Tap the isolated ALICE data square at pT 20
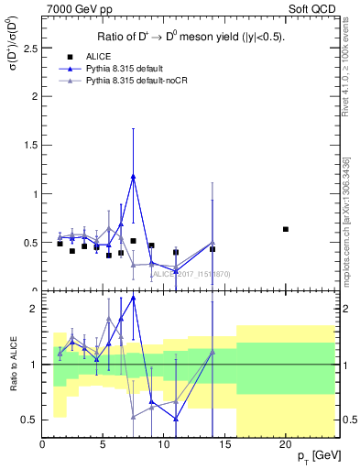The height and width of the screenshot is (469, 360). coord(286,229)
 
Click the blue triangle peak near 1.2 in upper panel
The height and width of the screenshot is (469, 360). coord(134,177)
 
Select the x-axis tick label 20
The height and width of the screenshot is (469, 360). coord(286,445)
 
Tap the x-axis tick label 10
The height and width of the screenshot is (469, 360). coord(164,445)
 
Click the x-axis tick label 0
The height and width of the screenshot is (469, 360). coord(42,445)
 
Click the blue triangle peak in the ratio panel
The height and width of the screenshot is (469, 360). coord(134,298)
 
